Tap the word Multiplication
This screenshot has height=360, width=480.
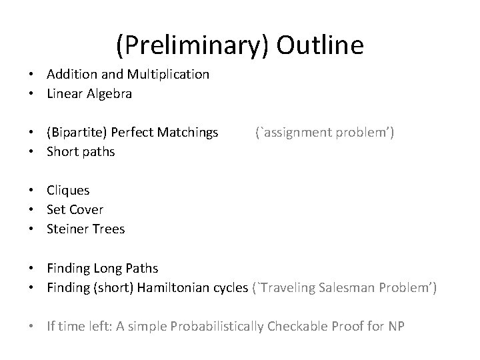(167, 75)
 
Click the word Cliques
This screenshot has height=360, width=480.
(68, 191)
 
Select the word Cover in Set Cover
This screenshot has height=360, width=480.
(87, 209)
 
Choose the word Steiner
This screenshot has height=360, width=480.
(68, 229)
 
